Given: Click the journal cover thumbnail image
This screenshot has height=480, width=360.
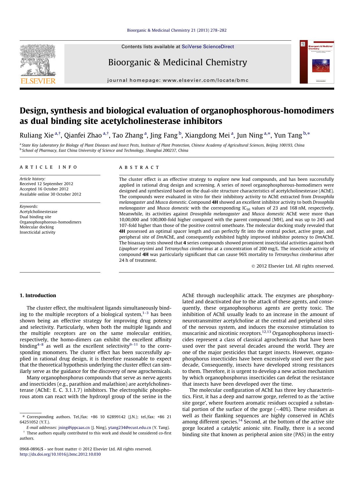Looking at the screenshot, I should point(316,62).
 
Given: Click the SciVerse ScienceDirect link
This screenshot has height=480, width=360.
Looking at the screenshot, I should point(208,47).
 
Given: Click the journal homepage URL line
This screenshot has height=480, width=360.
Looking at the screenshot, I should point(178,80).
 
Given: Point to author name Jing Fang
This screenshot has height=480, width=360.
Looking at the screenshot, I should point(164,136).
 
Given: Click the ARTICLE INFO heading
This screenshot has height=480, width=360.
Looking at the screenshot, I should point(48,167).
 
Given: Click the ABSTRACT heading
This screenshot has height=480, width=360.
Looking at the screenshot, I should point(139,167).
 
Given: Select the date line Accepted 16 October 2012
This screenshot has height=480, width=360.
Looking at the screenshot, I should point(44,189).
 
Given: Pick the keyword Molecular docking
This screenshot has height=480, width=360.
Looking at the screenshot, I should point(37,227).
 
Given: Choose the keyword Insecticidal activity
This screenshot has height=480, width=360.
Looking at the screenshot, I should point(37,232).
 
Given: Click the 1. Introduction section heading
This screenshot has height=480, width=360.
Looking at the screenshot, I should point(38,295).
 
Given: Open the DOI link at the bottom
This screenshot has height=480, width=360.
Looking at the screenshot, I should point(60,454).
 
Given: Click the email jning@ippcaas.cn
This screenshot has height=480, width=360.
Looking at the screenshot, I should point(74,427).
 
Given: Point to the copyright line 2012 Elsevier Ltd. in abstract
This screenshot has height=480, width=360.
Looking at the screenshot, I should point(293,266).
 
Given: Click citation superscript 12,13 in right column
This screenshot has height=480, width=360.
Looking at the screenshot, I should point(266,332).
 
